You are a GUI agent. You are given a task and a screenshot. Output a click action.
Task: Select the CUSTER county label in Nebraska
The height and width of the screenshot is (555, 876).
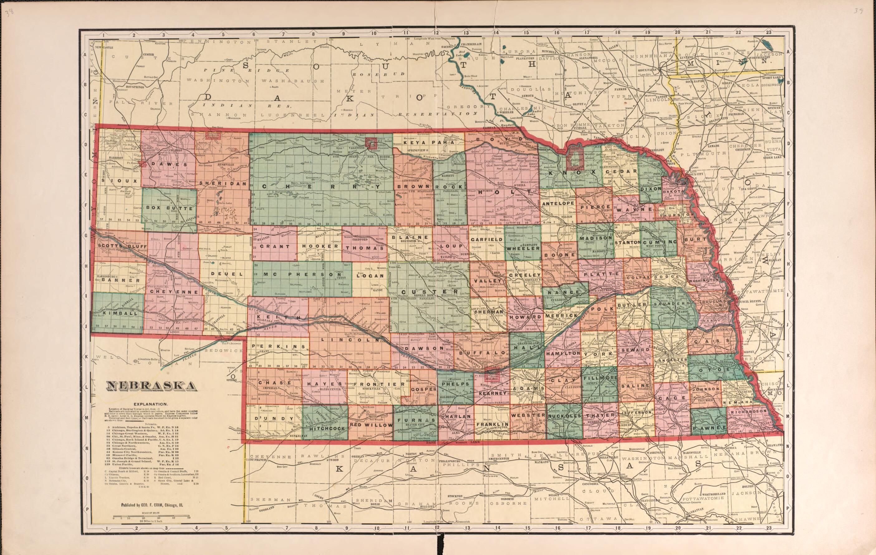[425, 292]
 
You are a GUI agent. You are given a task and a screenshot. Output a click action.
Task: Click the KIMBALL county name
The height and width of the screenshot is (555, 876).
[116, 313]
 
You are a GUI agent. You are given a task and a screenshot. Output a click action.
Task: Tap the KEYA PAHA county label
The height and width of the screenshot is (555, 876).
[427, 143]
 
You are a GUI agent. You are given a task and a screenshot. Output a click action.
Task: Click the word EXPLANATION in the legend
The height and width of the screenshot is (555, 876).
[150, 404]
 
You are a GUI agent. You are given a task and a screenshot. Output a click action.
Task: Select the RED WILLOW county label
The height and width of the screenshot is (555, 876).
[371, 425]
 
